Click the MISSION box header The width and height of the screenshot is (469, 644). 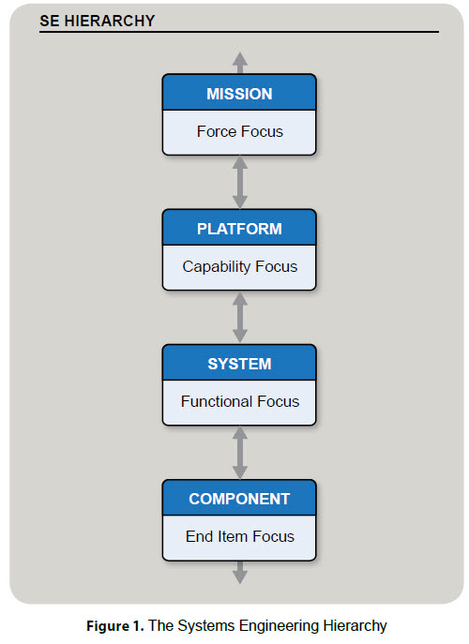(239, 94)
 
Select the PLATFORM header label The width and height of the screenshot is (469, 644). (239, 229)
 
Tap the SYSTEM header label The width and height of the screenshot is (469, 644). (239, 364)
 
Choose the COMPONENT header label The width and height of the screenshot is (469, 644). (239, 499)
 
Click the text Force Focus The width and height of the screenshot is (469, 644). (239, 131)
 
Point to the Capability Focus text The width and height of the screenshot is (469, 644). (239, 266)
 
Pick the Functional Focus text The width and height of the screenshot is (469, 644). (239, 401)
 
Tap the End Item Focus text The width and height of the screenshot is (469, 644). (239, 536)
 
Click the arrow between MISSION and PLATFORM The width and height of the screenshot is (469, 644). (240, 183)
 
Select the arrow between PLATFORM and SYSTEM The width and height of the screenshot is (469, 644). (240, 318)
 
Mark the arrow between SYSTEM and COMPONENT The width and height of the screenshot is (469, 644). (240, 453)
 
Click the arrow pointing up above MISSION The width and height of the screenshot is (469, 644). (240, 63)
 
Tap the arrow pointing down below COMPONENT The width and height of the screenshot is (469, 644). (240, 572)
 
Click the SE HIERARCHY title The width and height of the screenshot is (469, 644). (97, 21)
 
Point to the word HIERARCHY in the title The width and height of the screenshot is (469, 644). (110, 21)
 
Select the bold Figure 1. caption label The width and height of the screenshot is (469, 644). (115, 626)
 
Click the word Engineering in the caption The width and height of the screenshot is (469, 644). (279, 626)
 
